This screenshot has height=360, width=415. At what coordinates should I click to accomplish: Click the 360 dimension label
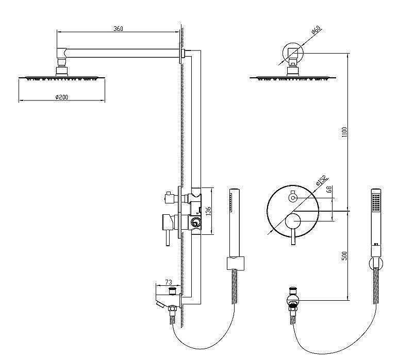click(x=118, y=29)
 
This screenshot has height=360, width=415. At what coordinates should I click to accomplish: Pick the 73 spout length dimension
click(x=168, y=282)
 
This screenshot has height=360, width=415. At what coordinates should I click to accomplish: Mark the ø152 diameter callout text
click(x=319, y=181)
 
